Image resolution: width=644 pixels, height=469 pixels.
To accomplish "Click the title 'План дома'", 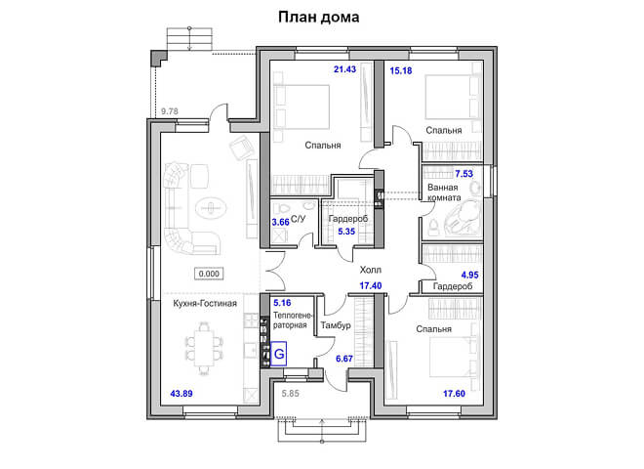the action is click(319, 18).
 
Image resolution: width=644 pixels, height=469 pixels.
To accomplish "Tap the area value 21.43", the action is click(344, 69).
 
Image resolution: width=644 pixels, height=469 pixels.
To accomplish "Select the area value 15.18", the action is click(400, 70).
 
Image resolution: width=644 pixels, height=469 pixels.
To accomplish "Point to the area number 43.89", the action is click(181, 394).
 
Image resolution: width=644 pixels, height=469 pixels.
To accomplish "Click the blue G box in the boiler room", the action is click(279, 354).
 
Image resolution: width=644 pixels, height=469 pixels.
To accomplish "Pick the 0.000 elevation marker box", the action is click(209, 274).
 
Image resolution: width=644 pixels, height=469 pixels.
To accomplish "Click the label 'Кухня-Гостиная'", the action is click(205, 304).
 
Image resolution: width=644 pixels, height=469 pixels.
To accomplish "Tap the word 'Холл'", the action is click(371, 270).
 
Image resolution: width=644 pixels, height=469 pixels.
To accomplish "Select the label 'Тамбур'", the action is click(336, 325).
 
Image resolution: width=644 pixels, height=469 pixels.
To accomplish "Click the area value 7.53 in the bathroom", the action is click(463, 174).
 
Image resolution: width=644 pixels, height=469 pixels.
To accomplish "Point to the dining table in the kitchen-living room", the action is click(204, 349).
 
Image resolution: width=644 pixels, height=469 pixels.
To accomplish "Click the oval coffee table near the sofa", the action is click(211, 208).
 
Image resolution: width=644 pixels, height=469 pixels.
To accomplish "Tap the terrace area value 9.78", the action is click(169, 111).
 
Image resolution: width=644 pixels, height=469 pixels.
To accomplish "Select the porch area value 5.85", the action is click(291, 394).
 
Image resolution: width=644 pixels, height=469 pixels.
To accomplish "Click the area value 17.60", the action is click(454, 394).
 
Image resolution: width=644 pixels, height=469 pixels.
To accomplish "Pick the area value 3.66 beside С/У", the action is click(280, 222).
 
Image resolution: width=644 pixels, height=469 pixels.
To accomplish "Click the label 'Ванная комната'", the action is click(444, 192).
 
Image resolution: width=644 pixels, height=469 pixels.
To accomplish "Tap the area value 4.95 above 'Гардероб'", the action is click(470, 275).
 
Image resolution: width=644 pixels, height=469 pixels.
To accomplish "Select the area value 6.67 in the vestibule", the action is click(344, 359).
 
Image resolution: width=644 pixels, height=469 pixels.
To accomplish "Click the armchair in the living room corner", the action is click(242, 149).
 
